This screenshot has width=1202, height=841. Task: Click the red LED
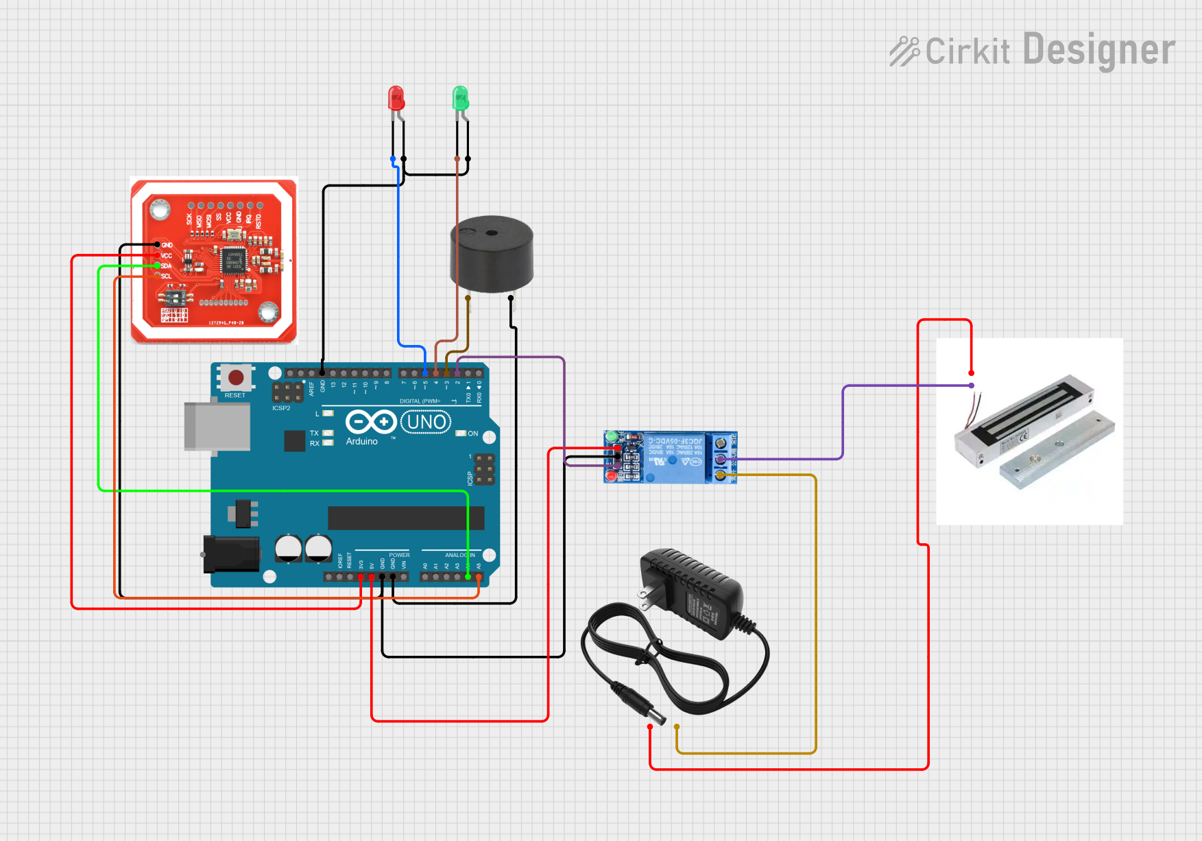click(396, 99)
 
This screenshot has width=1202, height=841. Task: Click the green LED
click(460, 99)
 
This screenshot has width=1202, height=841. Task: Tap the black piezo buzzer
click(491, 254)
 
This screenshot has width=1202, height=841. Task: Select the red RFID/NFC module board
click(213, 261)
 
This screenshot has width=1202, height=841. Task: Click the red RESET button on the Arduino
click(236, 377)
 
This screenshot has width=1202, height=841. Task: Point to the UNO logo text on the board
click(426, 422)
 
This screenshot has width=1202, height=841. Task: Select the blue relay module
click(670, 458)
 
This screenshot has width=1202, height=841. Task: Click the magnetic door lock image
click(1029, 432)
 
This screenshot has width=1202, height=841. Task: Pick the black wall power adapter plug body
click(693, 594)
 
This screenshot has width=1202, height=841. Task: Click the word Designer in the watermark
click(1098, 50)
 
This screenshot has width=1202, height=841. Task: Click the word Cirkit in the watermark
click(967, 51)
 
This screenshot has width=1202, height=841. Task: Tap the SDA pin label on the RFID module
click(167, 266)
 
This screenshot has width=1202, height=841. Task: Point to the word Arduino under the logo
click(361, 442)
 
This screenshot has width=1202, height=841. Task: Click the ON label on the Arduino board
click(473, 434)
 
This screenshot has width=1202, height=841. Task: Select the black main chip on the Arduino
click(406, 518)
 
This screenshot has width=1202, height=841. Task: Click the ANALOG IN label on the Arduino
click(459, 555)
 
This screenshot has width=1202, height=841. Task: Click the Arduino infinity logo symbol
click(370, 422)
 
